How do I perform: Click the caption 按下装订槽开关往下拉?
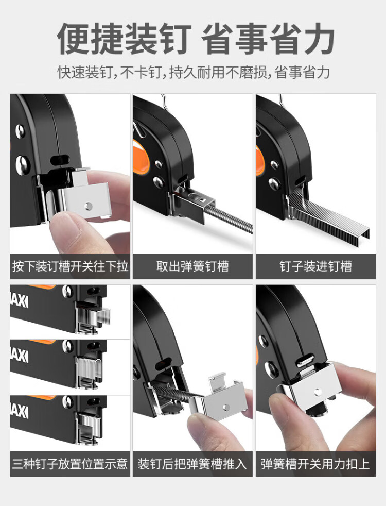click(x=70, y=266)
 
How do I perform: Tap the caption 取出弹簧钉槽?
click(x=192, y=266)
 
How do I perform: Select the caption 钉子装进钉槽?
click(x=316, y=266)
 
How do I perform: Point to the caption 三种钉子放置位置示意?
click(x=70, y=464)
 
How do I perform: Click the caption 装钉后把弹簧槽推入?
click(x=192, y=464)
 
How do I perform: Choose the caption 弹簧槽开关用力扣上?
click(x=315, y=464)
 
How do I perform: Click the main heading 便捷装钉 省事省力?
click(x=196, y=39)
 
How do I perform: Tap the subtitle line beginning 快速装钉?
click(x=194, y=72)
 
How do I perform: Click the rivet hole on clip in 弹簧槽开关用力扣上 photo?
click(x=319, y=392)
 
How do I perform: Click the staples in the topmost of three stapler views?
click(x=94, y=315)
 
